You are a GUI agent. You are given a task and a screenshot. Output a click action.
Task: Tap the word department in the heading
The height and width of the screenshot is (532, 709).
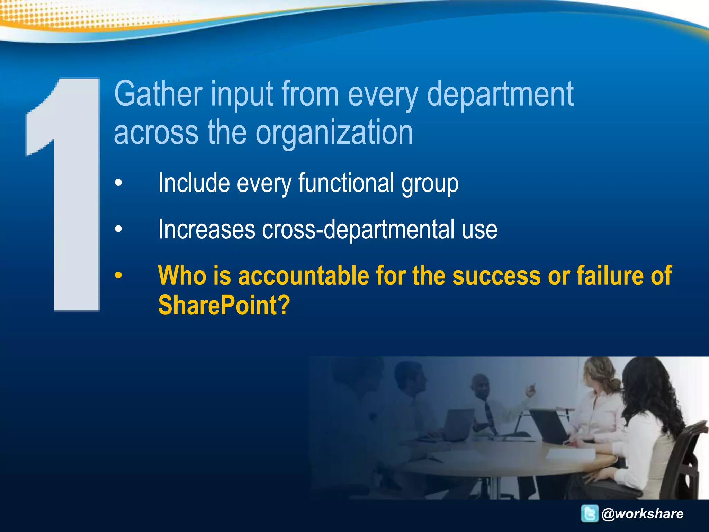pyautogui.click(x=500, y=94)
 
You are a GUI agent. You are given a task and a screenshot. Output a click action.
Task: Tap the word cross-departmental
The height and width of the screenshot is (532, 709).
pyautogui.click(x=358, y=229)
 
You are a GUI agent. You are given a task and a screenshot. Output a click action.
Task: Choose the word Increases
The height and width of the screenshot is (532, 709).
pyautogui.click(x=206, y=229)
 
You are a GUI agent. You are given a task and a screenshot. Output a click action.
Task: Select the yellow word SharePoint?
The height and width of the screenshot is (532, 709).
pyautogui.click(x=224, y=305)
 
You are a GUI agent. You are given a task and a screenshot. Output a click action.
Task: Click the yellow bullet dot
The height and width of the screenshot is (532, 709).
pyautogui.click(x=119, y=276)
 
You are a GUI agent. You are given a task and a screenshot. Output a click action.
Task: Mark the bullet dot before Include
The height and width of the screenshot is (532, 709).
pyautogui.click(x=119, y=183)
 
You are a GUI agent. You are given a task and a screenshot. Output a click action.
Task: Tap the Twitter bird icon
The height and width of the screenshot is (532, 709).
pyautogui.click(x=590, y=513)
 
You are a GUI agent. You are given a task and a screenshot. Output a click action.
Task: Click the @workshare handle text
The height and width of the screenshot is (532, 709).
pyautogui.click(x=643, y=514)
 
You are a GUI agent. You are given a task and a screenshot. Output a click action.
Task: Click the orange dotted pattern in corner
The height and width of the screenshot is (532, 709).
pyautogui.click(x=52, y=16)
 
